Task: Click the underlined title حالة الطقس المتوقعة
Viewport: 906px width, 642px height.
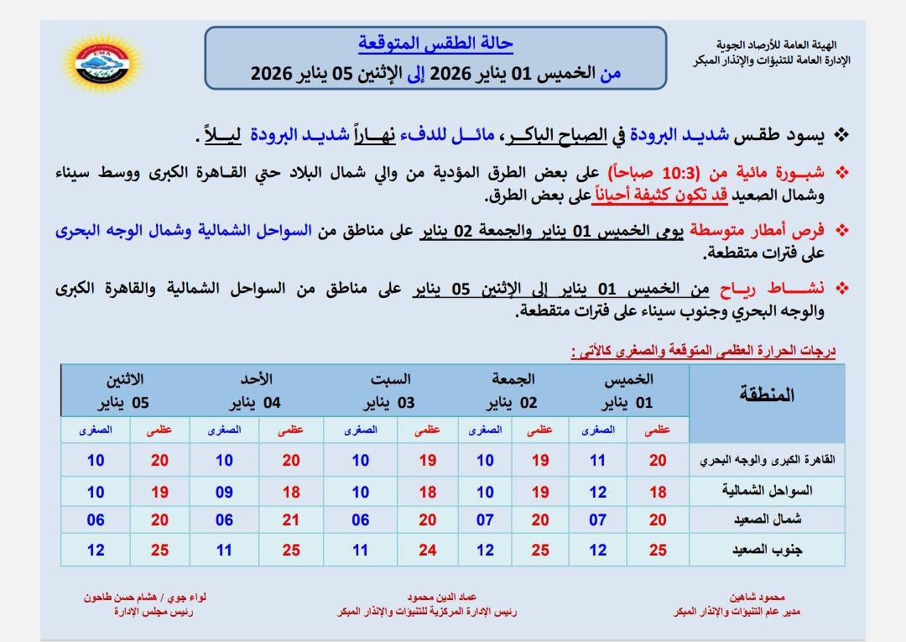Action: coord(435,43)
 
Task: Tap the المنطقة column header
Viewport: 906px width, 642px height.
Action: coord(766,394)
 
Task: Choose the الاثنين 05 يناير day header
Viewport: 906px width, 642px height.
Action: coord(125,391)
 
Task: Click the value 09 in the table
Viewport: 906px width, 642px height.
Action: coord(224,490)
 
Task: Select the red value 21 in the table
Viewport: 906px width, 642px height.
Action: coord(291,520)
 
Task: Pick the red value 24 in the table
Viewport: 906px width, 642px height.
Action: coord(428,551)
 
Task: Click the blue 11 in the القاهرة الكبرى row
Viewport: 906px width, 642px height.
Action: coord(597,460)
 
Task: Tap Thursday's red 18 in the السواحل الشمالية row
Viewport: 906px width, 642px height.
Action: coord(658,490)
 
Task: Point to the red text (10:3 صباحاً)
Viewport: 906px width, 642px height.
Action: coord(662,173)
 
